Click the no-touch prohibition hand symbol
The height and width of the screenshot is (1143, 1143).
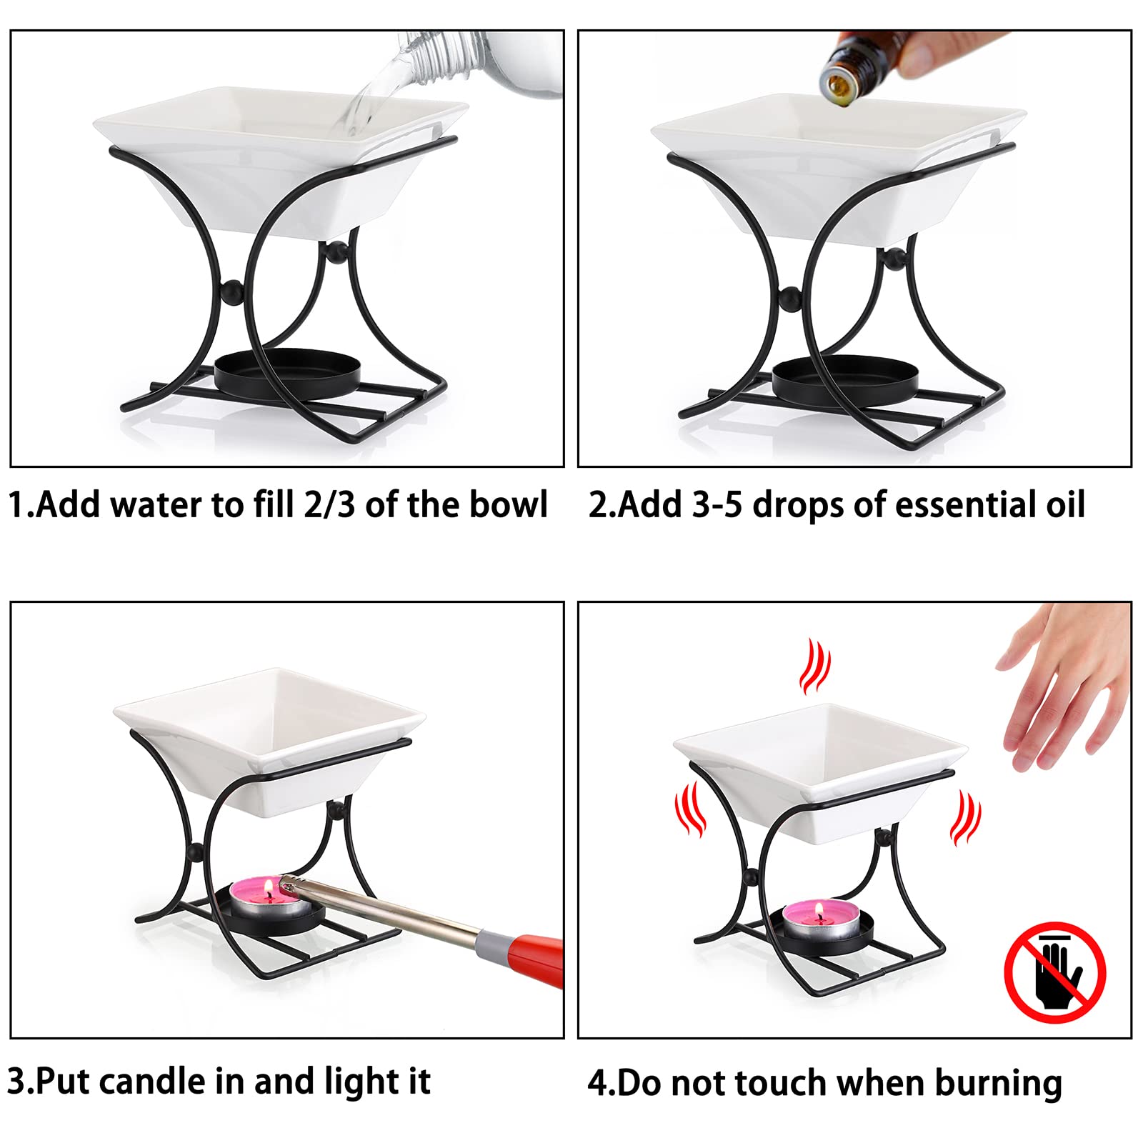[1055, 972]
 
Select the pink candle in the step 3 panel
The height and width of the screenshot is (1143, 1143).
[270, 898]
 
